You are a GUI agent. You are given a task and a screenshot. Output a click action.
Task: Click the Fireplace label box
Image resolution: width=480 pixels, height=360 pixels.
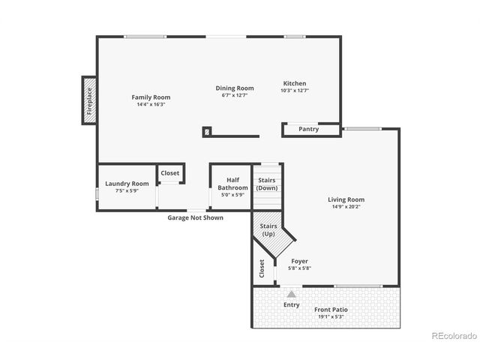[x=88, y=100]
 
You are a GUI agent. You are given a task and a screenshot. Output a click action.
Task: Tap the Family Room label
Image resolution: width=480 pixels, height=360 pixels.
[x=151, y=97]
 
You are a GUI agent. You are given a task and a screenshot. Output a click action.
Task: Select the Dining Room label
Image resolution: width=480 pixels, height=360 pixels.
[x=235, y=88]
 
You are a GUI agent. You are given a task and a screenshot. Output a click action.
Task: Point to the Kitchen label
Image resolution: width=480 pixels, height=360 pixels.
[x=294, y=83]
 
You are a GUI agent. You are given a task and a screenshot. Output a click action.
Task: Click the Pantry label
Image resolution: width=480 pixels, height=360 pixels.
[x=308, y=129]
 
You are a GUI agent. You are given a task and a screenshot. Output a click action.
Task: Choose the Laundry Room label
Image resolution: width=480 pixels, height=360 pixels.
[x=127, y=184]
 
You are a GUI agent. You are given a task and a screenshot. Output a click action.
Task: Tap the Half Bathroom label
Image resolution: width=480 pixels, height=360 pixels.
[x=232, y=184]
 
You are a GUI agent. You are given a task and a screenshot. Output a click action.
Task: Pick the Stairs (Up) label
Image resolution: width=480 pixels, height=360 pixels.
[x=268, y=229]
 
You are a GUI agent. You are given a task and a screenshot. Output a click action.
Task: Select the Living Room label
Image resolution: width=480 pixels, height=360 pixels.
[x=346, y=199]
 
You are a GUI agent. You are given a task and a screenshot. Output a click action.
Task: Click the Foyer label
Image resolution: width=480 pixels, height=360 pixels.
[x=300, y=261]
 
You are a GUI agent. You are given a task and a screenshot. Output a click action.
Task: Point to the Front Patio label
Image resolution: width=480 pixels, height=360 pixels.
[x=330, y=310]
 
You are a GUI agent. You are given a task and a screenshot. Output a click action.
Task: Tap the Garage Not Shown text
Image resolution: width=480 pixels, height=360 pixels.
[x=195, y=217]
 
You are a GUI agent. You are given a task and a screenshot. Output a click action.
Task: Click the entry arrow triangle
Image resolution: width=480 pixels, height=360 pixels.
[x=291, y=294]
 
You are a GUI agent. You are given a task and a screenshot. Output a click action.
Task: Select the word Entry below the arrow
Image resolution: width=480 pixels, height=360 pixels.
[x=291, y=304]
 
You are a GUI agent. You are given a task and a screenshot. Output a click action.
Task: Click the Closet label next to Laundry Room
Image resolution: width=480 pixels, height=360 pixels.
[x=170, y=173]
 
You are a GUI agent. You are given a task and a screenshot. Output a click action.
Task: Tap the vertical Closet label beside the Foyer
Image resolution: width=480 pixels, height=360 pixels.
[x=262, y=268]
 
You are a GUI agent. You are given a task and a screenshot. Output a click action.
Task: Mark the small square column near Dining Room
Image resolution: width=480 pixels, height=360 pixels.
[x=206, y=130]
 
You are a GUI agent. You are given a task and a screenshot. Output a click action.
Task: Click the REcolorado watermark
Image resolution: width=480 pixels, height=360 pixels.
[x=452, y=336]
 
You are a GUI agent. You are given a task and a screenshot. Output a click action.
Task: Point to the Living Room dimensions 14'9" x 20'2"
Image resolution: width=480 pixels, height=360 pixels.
[x=346, y=207]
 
